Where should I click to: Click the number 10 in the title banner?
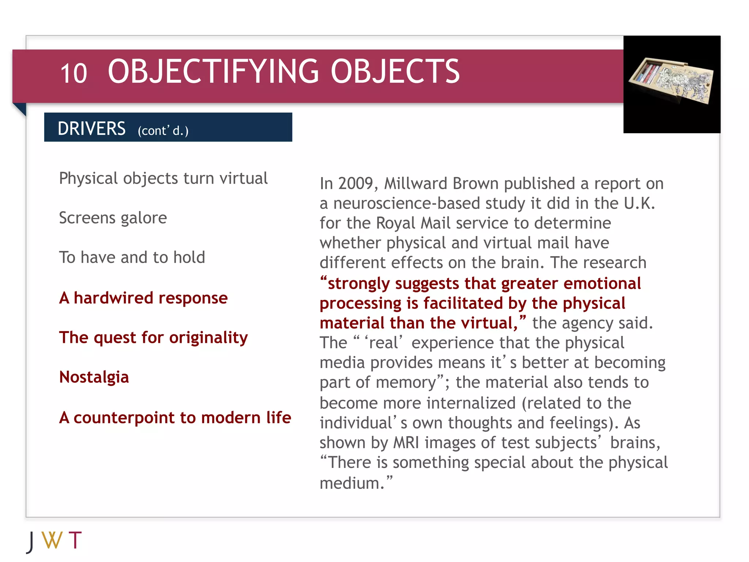point(74,74)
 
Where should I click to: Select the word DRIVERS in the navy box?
point(91,129)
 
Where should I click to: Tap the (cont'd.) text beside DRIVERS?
point(163,131)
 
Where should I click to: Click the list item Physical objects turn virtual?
point(163,179)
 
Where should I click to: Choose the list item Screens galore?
point(113,218)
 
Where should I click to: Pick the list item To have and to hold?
point(132,258)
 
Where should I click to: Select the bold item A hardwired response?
point(143,298)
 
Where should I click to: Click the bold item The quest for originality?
point(153,337)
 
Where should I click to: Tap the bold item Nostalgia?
point(94,377)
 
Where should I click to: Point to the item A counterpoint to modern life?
point(175,417)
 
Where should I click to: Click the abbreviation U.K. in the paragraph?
point(639,203)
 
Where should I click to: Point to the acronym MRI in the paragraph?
point(406,443)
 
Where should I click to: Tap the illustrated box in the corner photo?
point(671,81)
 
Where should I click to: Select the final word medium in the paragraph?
point(352,483)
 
